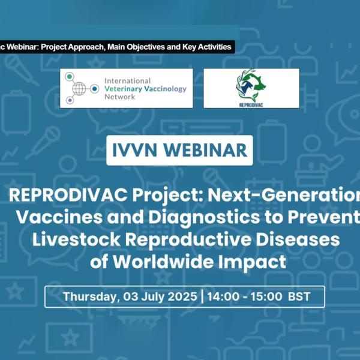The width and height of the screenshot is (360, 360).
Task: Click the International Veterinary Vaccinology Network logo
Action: (126, 88)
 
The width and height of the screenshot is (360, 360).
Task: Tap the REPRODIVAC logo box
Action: (251, 88)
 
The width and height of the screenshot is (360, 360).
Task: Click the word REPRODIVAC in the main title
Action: (64, 197)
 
